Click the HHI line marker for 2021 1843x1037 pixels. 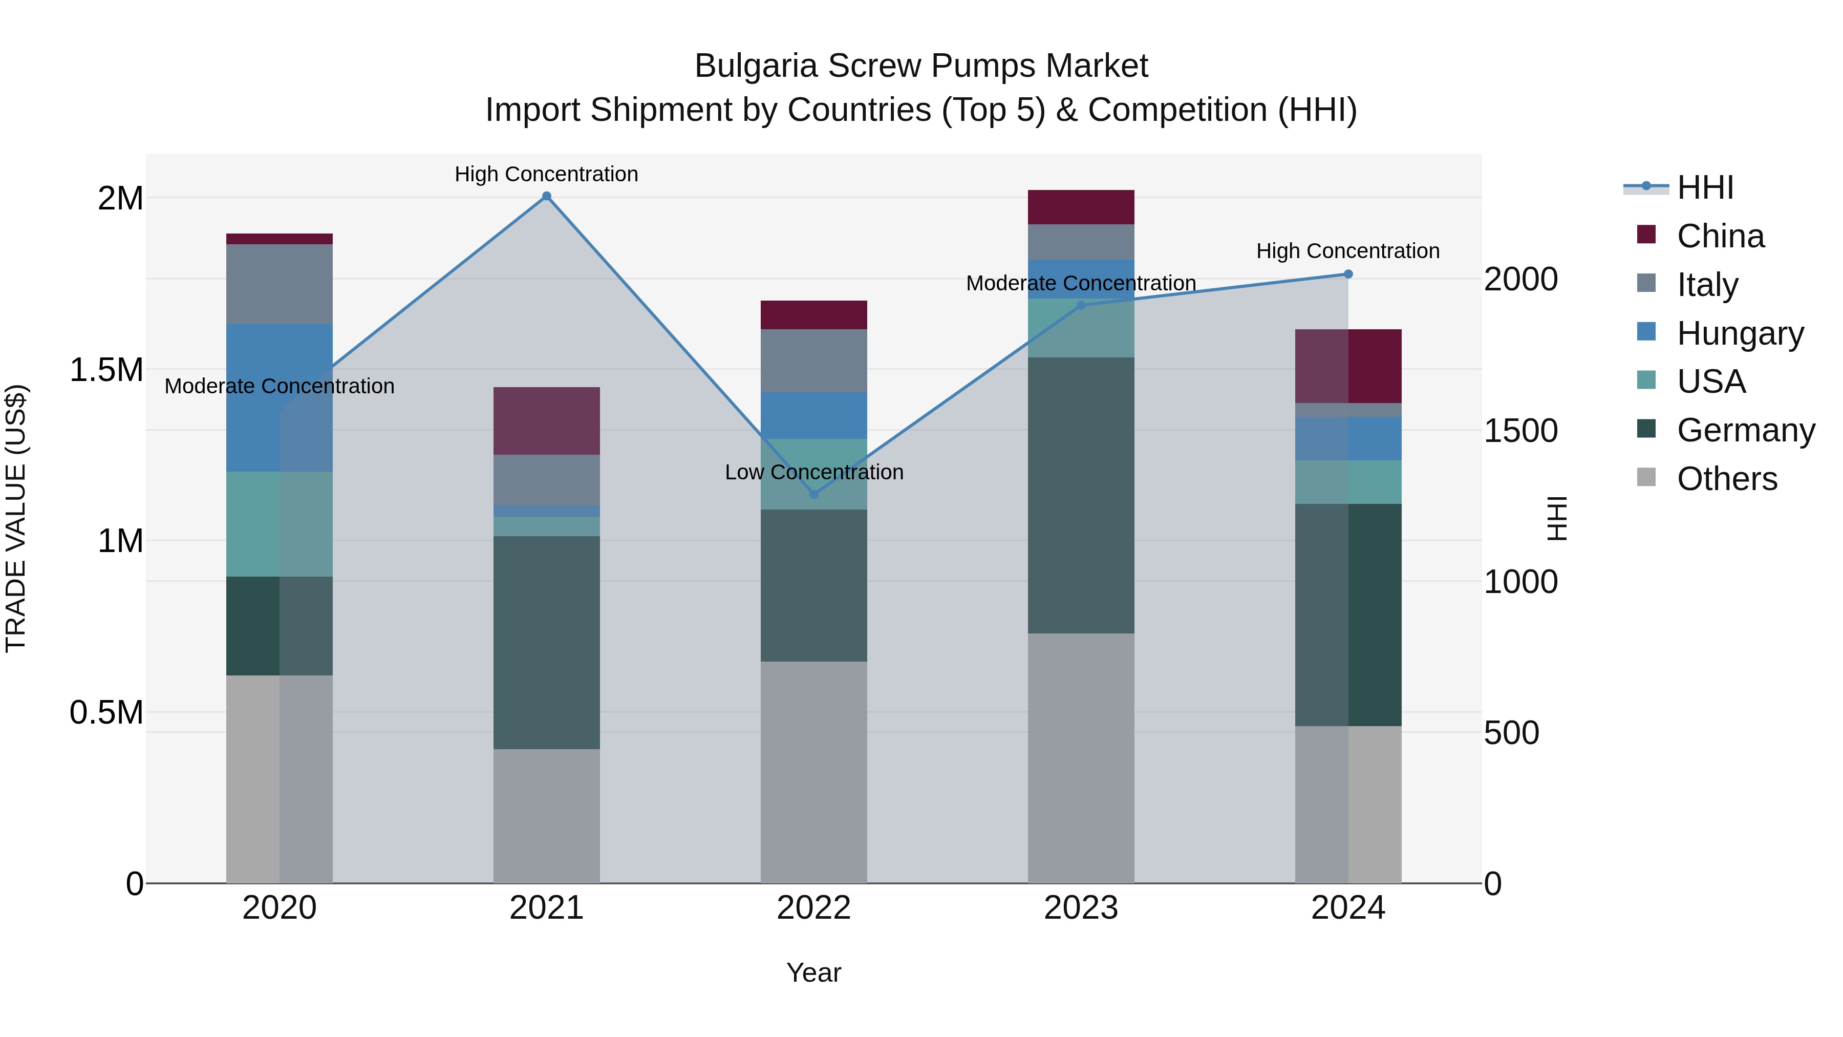click(x=547, y=196)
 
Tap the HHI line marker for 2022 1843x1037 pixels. click(x=813, y=495)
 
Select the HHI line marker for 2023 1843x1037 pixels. click(x=1081, y=306)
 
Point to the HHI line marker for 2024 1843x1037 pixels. click(x=1348, y=274)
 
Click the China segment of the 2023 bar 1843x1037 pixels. click(x=1081, y=207)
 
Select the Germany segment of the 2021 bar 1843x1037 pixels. click(x=547, y=642)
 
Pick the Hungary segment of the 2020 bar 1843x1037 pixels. click(x=279, y=397)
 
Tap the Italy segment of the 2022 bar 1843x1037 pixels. click(x=813, y=361)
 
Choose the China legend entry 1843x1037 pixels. click(x=1720, y=236)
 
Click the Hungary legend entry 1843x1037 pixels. click(x=1740, y=333)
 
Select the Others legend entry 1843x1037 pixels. click(x=1726, y=479)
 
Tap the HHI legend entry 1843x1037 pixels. click(x=1705, y=187)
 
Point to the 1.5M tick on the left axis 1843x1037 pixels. click(x=106, y=370)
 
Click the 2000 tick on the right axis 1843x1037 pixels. click(x=1521, y=279)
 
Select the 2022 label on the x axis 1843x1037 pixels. click(x=813, y=907)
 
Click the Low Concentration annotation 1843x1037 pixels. click(x=814, y=472)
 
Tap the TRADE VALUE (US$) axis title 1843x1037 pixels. click(x=16, y=518)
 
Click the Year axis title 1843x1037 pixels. click(x=813, y=972)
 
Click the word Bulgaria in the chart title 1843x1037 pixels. click(x=756, y=66)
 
